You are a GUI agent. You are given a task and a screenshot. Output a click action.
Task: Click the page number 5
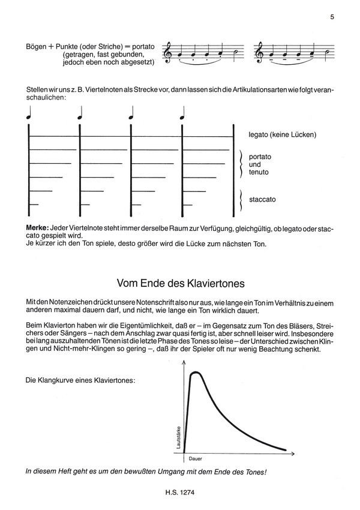(331, 17)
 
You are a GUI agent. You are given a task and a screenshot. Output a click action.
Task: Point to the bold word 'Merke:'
(37, 229)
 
